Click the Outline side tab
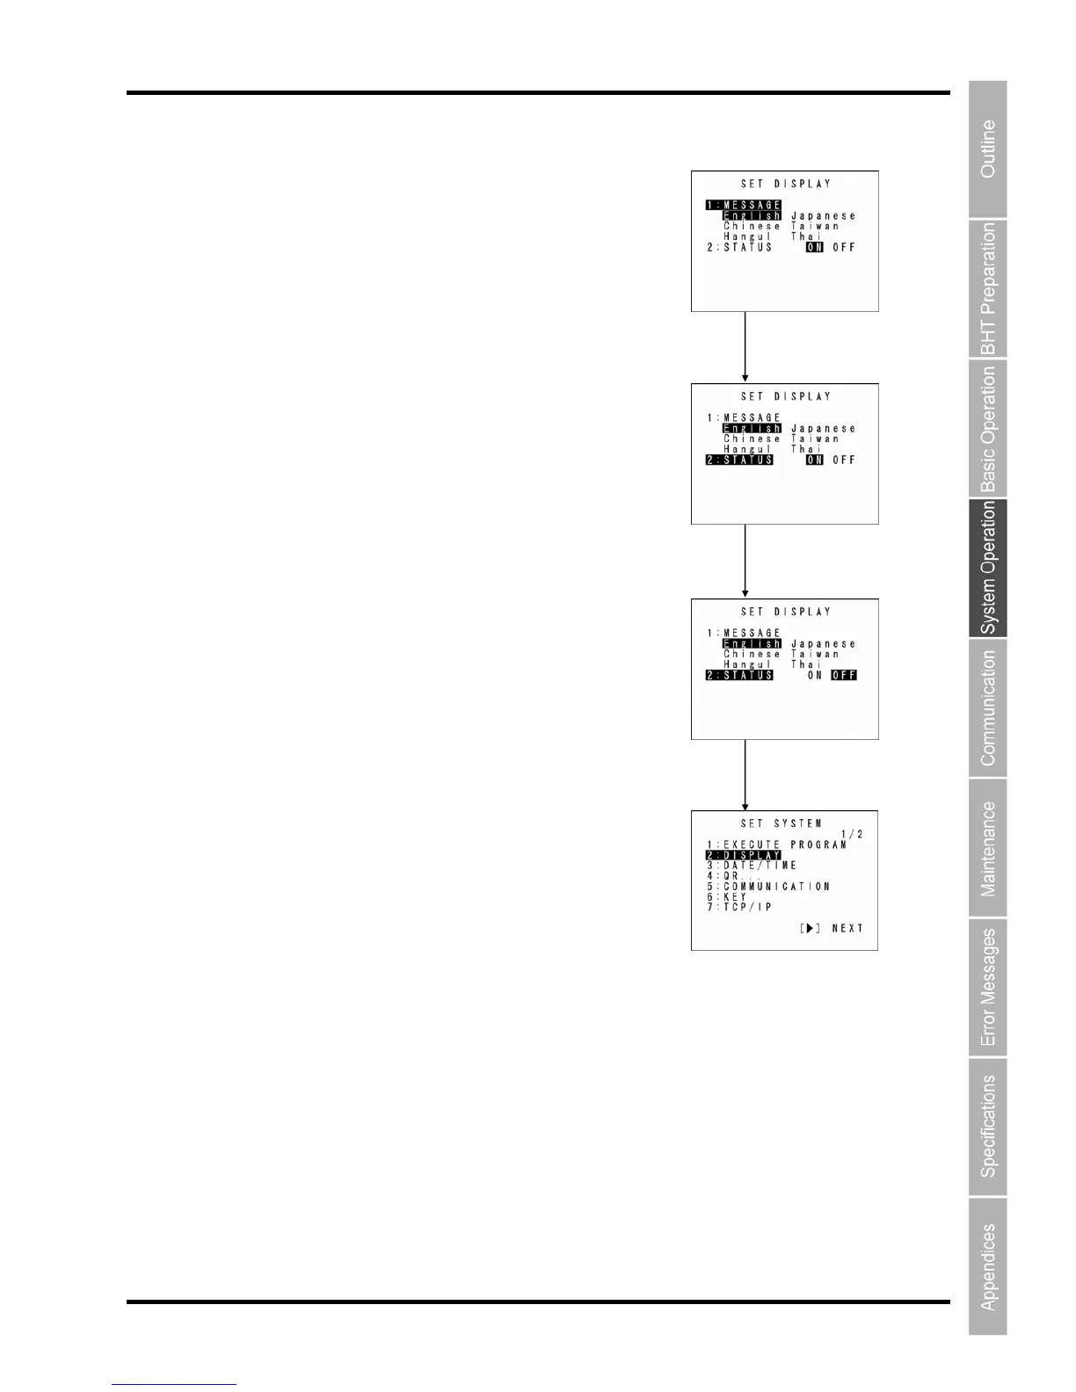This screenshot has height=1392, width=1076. pyautogui.click(x=988, y=149)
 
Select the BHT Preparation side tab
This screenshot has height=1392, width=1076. pyautogui.click(x=988, y=288)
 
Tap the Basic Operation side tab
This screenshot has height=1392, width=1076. pyautogui.click(x=988, y=428)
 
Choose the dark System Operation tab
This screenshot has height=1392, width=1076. pyautogui.click(x=988, y=568)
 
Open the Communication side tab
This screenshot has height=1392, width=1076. pyautogui.click(x=988, y=707)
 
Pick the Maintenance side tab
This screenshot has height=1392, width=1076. pyautogui.click(x=988, y=848)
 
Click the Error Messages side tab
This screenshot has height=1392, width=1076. pyautogui.click(x=988, y=988)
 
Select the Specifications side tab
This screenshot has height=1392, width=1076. pyautogui.click(x=988, y=1127)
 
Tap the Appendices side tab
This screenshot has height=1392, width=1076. pyautogui.click(x=988, y=1266)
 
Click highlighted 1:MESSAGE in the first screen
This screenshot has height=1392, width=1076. pyautogui.click(x=743, y=206)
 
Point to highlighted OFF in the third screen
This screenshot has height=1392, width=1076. pyautogui.click(x=844, y=675)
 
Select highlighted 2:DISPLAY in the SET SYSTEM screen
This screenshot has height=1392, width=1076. pyautogui.click(x=743, y=855)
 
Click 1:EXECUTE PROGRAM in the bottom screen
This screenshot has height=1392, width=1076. pyautogui.click(x=776, y=845)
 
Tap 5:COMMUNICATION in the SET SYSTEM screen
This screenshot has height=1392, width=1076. pyautogui.click(x=768, y=887)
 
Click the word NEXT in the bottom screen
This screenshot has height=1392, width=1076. pyautogui.click(x=847, y=928)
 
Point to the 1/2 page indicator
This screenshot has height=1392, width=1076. pyautogui.click(x=852, y=834)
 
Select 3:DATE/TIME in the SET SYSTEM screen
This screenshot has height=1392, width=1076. pyautogui.click(x=752, y=866)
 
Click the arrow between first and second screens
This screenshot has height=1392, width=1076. pyautogui.click(x=745, y=347)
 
